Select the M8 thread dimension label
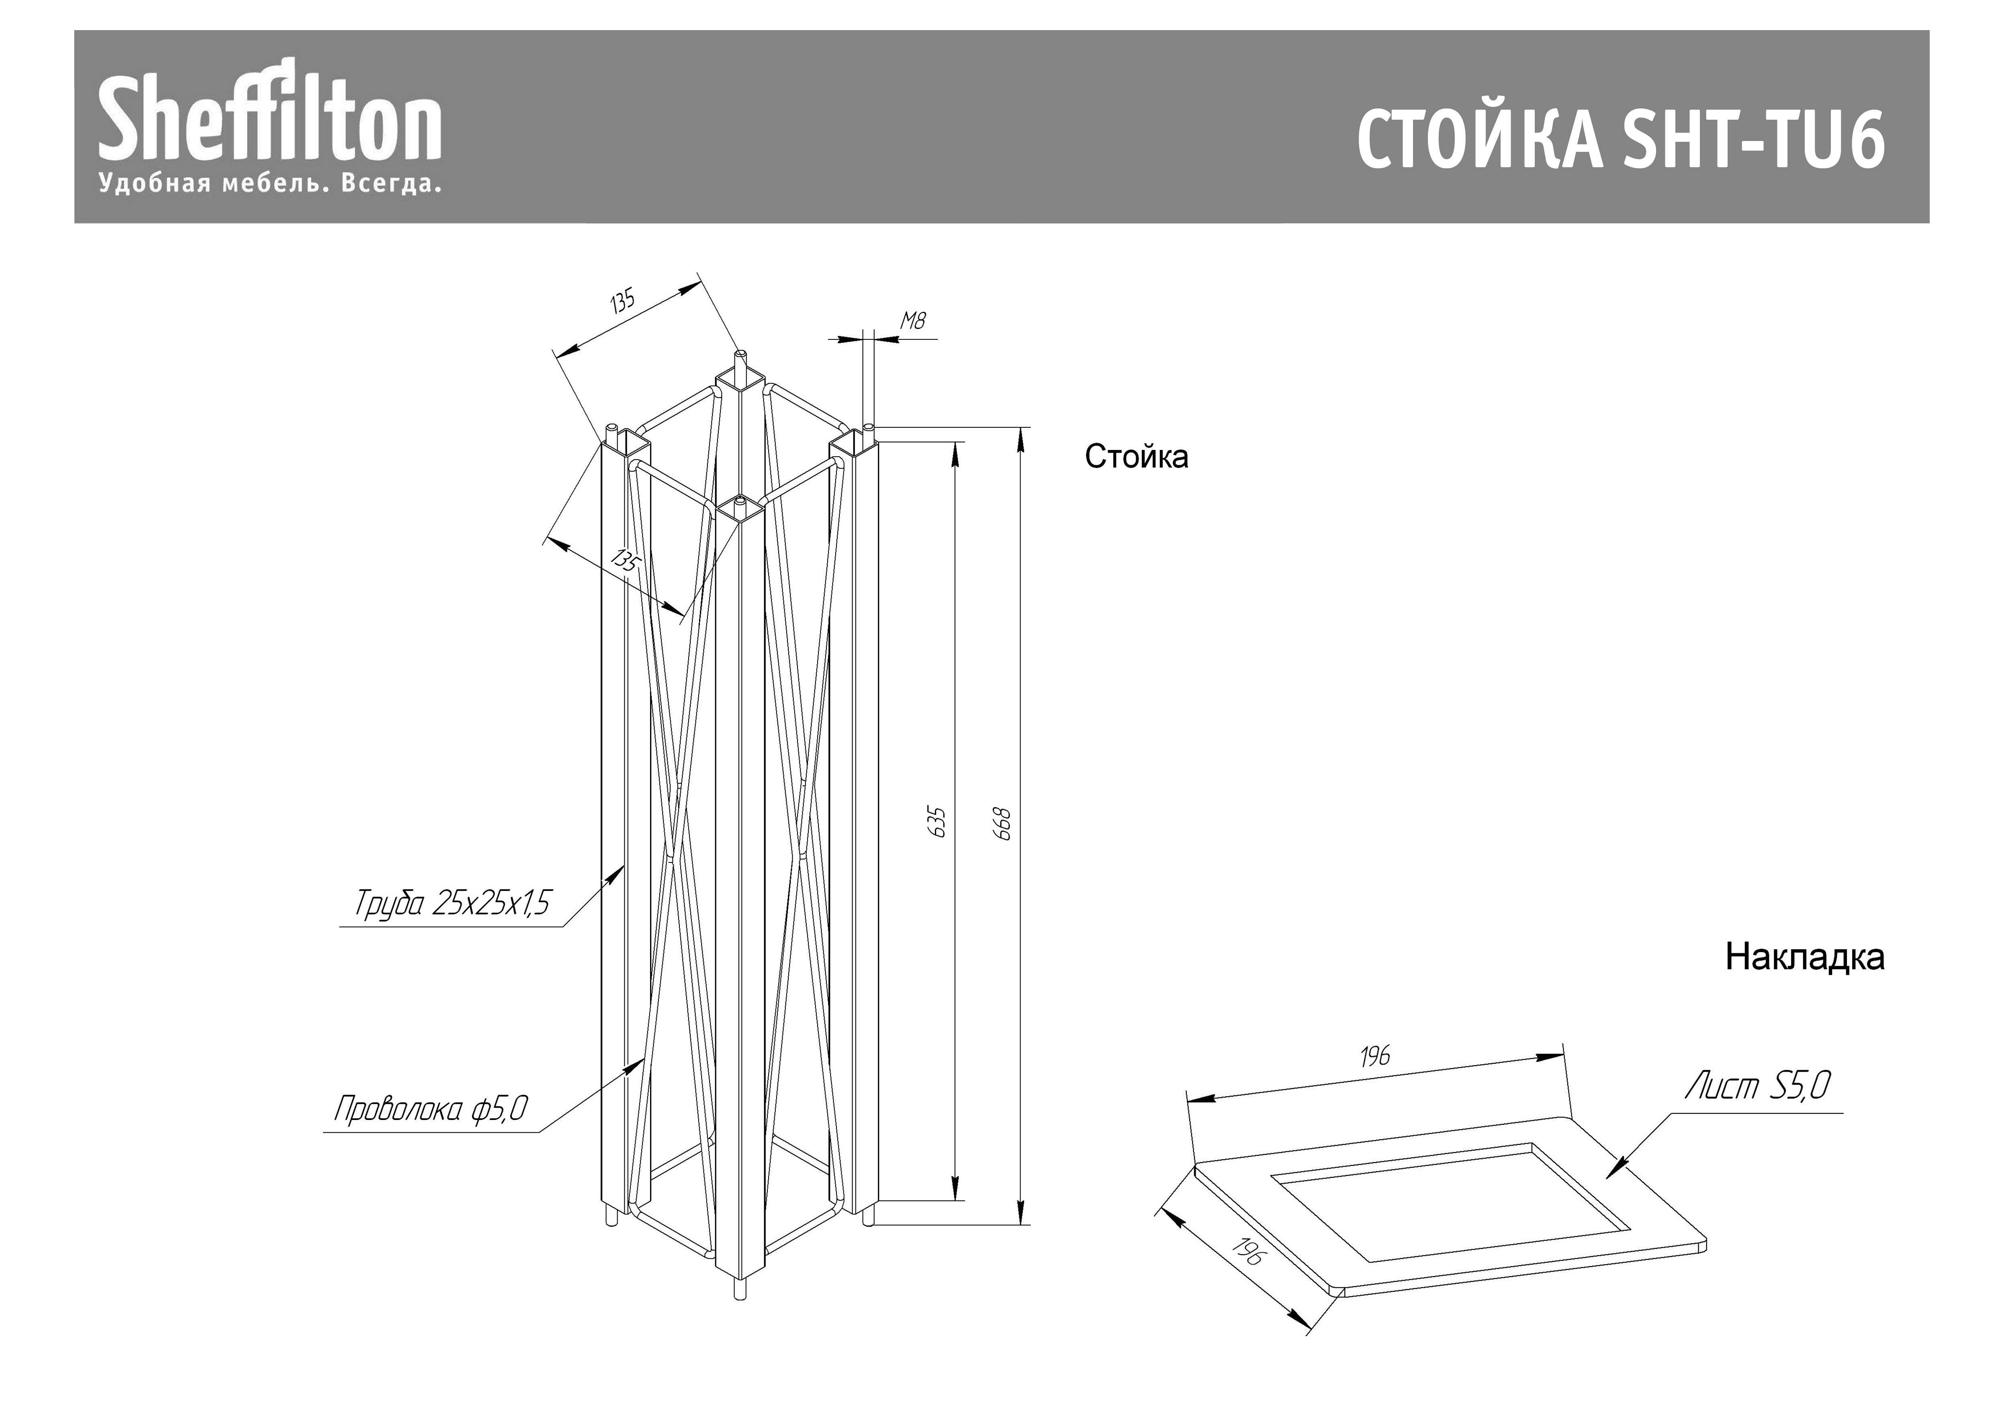pos(912,321)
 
